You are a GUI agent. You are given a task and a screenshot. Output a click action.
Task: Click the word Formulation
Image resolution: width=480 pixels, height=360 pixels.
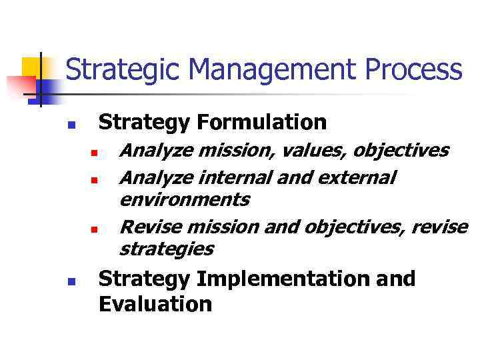point(261,122)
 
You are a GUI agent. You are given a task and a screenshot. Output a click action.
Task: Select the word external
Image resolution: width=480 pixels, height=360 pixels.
point(357,178)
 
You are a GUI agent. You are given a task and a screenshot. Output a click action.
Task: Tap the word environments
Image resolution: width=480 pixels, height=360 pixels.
point(184,199)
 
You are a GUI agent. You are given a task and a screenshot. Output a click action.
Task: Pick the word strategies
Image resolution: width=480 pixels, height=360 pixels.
point(166,249)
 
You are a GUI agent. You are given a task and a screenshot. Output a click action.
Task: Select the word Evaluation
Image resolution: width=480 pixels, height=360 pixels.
point(155,305)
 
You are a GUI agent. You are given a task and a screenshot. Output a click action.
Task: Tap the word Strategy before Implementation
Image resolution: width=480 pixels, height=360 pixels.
point(145,279)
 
